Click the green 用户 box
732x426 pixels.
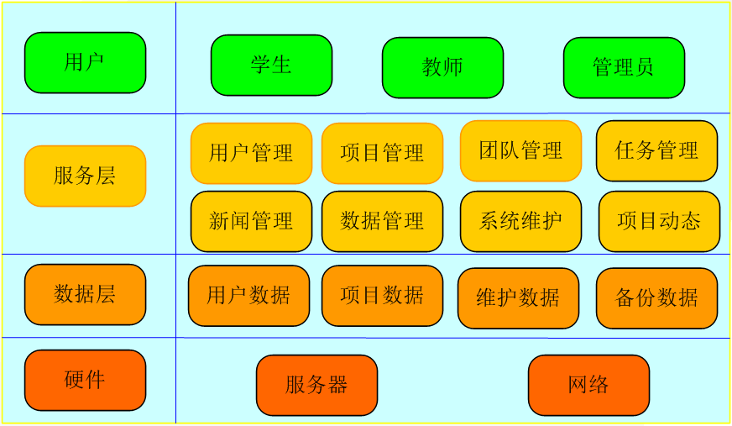click(x=85, y=63)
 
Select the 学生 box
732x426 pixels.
click(x=271, y=66)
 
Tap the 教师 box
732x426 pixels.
click(x=442, y=68)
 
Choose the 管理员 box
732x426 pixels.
click(x=624, y=68)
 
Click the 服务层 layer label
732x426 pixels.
click(x=85, y=176)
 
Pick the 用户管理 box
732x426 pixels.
click(x=251, y=154)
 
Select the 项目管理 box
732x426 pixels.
click(x=382, y=154)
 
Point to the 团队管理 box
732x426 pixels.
click(x=520, y=151)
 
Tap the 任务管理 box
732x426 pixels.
click(x=656, y=151)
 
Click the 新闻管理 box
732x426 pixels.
click(x=251, y=222)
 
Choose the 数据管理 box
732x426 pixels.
click(x=382, y=222)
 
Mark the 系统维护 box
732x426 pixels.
click(x=520, y=222)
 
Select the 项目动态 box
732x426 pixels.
click(x=659, y=222)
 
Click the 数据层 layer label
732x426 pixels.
click(x=85, y=295)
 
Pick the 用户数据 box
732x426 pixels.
click(x=248, y=296)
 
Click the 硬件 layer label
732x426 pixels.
click(x=85, y=381)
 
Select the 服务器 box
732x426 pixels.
click(x=316, y=386)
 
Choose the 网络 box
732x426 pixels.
click(x=588, y=386)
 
